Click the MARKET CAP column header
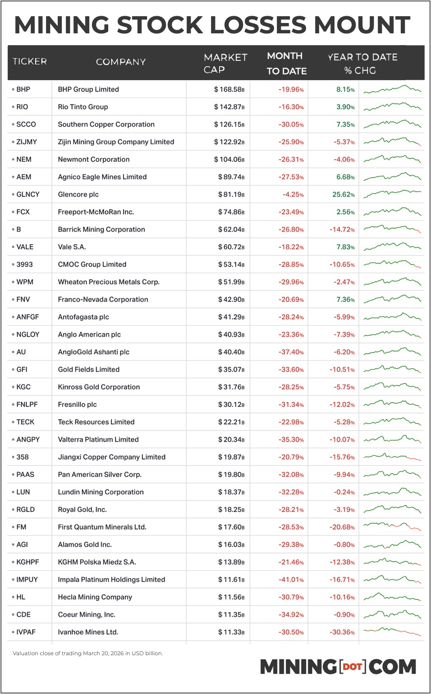point(225,63)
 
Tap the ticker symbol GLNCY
point(28,194)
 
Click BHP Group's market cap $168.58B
point(229,89)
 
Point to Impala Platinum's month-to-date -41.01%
point(291,580)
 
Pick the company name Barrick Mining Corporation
point(101,229)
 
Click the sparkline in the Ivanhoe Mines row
point(392,632)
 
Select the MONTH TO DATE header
point(286,63)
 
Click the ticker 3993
point(24,265)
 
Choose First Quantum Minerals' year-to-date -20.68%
point(342,527)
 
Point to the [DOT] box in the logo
point(353,666)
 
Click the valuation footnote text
point(87,653)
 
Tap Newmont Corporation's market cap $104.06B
point(229,160)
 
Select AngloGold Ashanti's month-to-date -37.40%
point(291,352)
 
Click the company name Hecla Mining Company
point(95,597)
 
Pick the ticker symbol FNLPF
point(27,405)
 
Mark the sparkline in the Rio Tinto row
point(392,107)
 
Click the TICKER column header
point(29,61)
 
